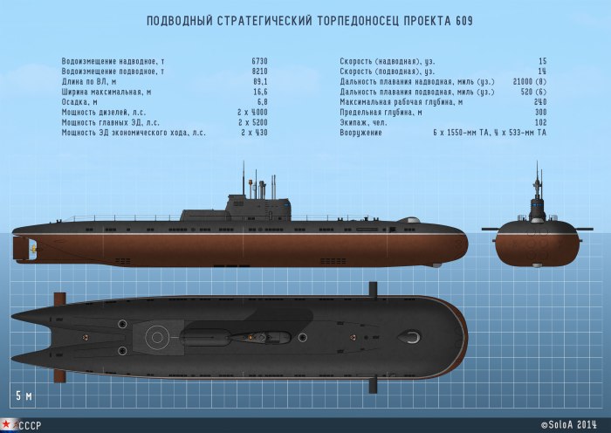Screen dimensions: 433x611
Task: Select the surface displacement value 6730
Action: [x=259, y=60]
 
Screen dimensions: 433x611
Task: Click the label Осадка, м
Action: [x=82, y=102]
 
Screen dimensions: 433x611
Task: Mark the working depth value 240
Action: [x=539, y=102]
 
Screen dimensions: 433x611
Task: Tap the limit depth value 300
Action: [x=539, y=113]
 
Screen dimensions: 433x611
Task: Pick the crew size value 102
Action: [x=539, y=123]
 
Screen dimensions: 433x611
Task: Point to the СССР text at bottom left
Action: [x=31, y=425]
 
